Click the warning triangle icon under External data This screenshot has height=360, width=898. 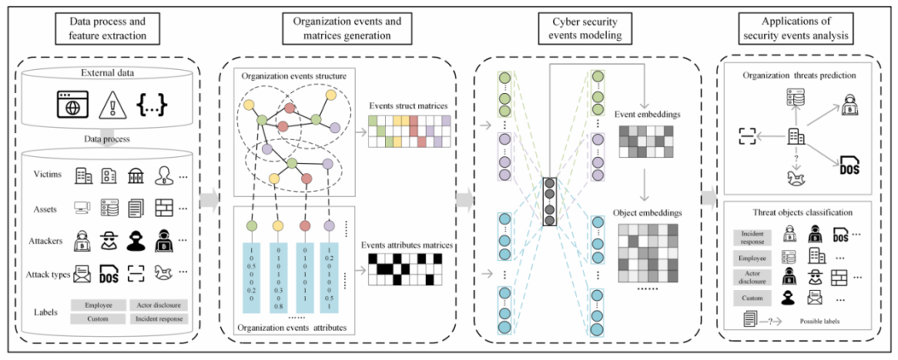(x=111, y=106)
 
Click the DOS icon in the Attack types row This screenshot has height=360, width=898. (x=112, y=272)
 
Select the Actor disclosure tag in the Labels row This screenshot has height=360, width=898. (x=158, y=304)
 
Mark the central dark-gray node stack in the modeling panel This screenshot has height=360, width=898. (x=550, y=202)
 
